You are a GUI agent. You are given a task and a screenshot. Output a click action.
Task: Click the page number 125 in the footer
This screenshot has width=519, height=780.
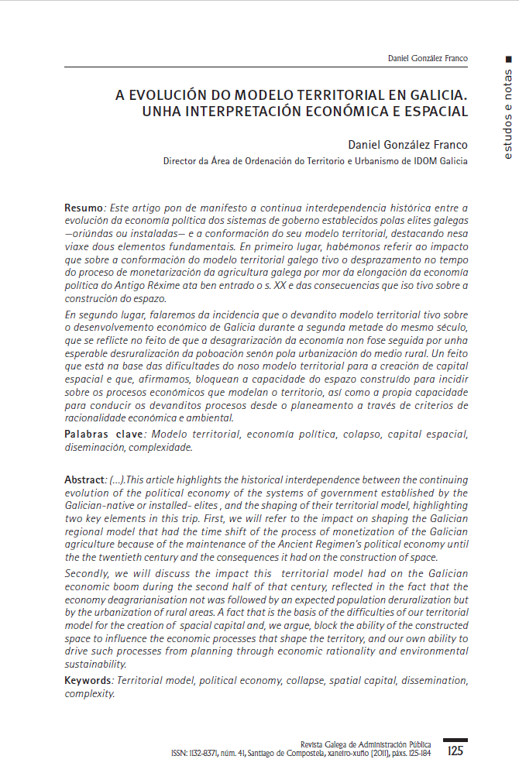(455, 751)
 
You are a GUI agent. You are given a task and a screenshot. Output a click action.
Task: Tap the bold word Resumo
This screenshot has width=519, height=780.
(84, 208)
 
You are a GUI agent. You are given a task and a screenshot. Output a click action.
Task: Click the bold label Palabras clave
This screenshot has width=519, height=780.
(97, 434)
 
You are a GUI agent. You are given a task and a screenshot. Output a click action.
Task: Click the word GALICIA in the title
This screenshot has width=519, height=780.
(435, 95)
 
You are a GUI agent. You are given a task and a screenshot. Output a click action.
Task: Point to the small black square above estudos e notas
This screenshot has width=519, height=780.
(508, 59)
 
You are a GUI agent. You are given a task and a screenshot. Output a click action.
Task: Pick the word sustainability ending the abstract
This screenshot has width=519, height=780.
(95, 665)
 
